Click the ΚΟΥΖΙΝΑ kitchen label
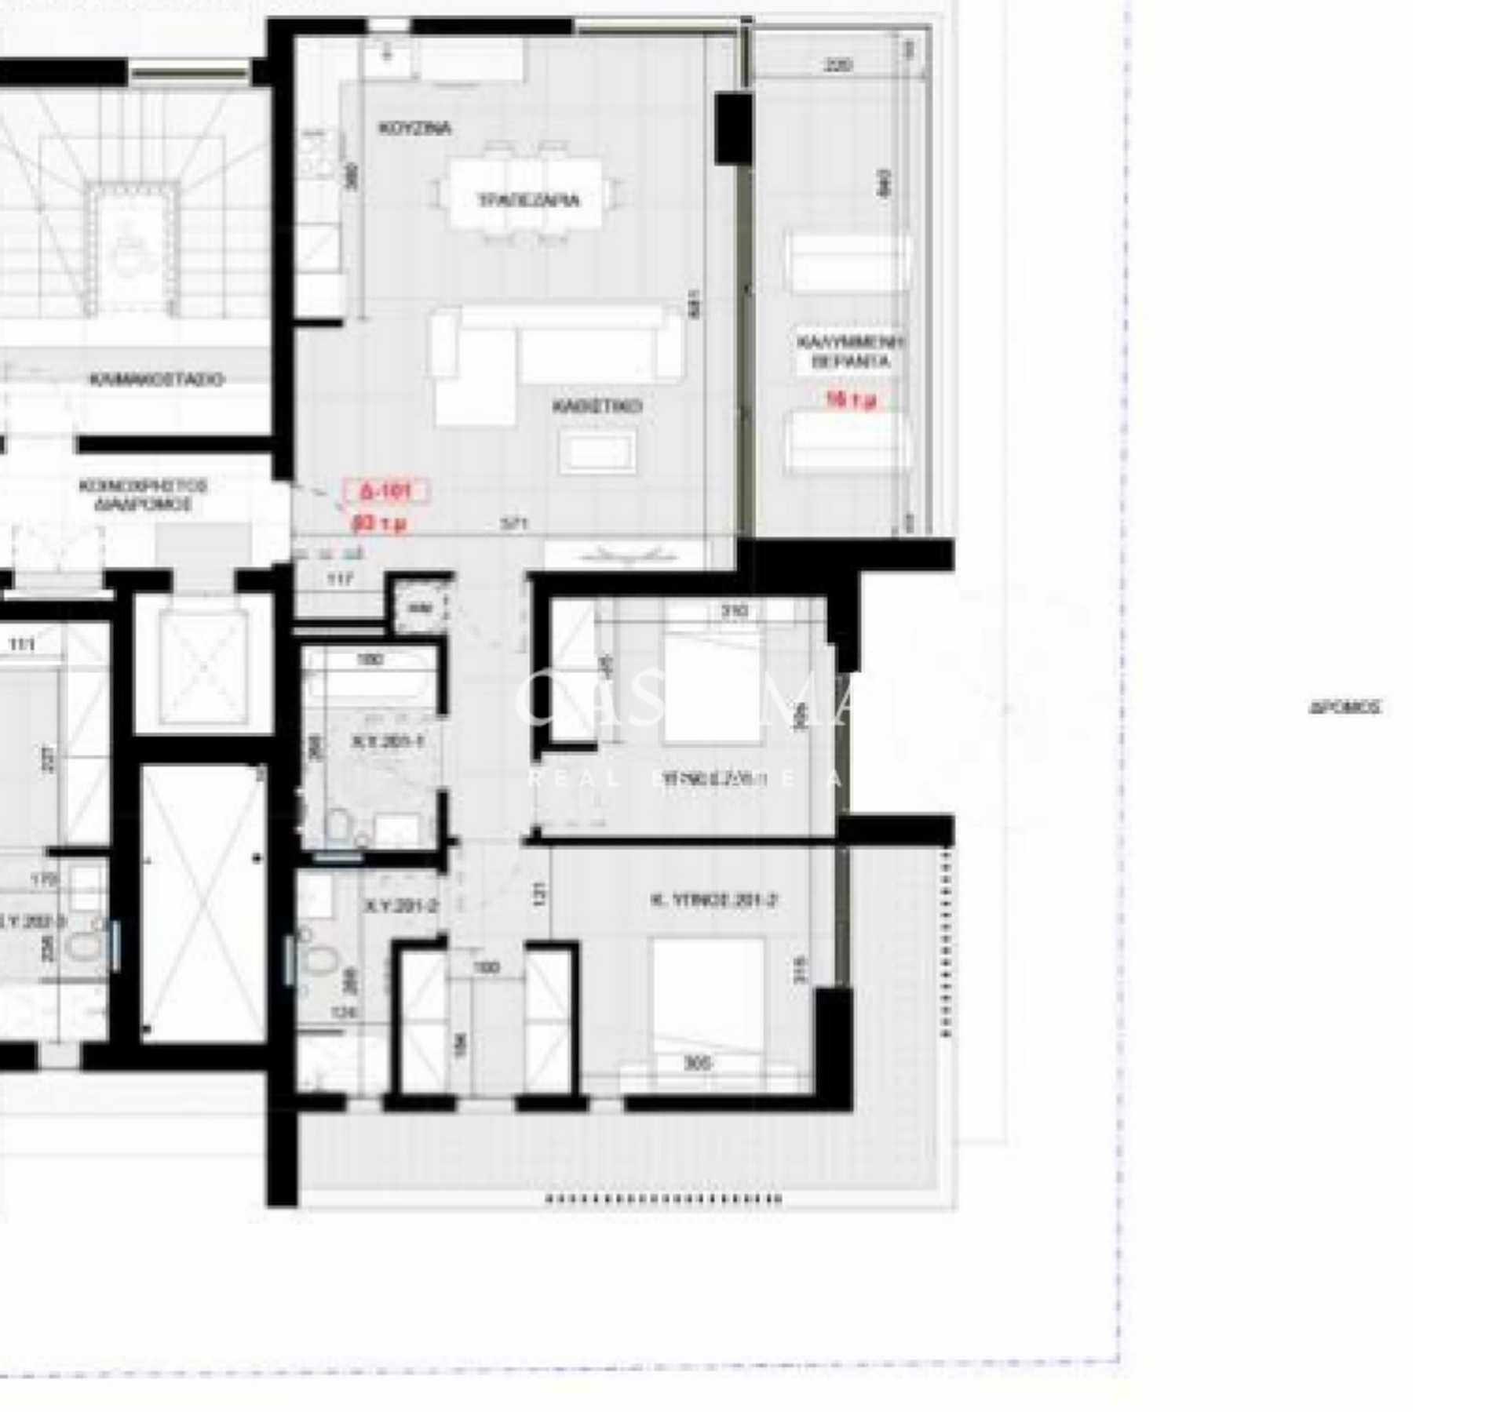pos(414,128)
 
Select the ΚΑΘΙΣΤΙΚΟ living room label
pos(597,406)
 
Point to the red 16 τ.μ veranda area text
pos(851,400)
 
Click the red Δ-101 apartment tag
pos(385,492)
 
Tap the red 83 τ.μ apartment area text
pos(380,522)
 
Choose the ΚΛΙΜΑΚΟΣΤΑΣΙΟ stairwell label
pos(157,380)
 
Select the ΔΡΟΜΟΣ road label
pos(1344,707)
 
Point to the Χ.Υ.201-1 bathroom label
pos(388,741)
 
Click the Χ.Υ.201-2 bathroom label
pos(401,906)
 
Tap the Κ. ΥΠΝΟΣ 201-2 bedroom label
pos(713,901)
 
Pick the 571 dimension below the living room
pos(514,523)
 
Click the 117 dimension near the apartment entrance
pos(340,579)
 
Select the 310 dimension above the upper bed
pos(734,610)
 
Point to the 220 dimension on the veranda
pos(838,65)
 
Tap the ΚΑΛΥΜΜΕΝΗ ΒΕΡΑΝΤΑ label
pos(851,351)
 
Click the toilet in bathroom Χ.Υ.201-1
pos(339,824)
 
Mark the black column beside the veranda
pos(733,128)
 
